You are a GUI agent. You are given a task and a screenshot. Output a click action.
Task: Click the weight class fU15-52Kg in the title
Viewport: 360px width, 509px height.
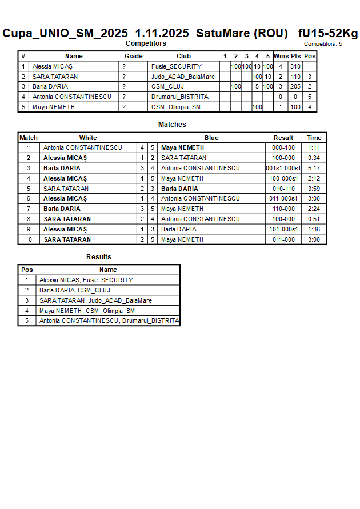coord(327,33)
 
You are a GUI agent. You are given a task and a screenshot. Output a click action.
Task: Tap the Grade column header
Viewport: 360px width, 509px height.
coord(134,56)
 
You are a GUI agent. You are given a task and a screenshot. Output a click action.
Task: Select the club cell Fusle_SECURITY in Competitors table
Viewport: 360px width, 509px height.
coord(176,66)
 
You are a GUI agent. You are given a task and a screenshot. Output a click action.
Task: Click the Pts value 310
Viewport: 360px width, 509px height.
coord(295,66)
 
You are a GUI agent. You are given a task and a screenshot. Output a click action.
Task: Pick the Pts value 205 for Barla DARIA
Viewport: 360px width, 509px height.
coord(295,86)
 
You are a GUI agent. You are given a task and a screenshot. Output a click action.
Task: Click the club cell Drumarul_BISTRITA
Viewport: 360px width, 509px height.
coord(180,97)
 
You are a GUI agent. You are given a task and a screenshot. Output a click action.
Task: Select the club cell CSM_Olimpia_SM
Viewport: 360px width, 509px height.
coord(177,107)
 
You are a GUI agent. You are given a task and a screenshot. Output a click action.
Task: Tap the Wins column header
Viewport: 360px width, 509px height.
coord(281,56)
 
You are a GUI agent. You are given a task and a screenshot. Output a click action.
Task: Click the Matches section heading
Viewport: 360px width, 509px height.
coord(172,125)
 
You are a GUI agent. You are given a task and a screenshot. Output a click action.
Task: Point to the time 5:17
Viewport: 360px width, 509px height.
coord(314,168)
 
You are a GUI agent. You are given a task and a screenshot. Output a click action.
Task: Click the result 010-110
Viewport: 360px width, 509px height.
coord(283,189)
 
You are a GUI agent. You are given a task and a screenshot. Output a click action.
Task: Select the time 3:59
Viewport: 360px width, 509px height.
coord(314,189)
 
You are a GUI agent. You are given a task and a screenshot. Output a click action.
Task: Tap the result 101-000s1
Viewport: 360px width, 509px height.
coord(283,229)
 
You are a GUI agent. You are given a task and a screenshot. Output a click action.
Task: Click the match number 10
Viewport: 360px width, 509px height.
coord(28,239)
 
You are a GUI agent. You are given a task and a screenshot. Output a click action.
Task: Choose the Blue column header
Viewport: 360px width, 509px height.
coord(211,138)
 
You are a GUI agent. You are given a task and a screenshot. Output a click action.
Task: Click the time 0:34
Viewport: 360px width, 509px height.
coord(314,158)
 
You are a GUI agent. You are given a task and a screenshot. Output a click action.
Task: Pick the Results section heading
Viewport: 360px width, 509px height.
coord(99,257)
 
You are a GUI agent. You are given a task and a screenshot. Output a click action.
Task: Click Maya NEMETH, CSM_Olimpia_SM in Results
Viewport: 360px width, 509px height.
coord(87,311)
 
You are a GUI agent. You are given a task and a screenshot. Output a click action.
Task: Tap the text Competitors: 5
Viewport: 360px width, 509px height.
coord(323,43)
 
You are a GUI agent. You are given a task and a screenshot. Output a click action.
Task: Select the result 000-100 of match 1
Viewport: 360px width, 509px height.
coord(283,147)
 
